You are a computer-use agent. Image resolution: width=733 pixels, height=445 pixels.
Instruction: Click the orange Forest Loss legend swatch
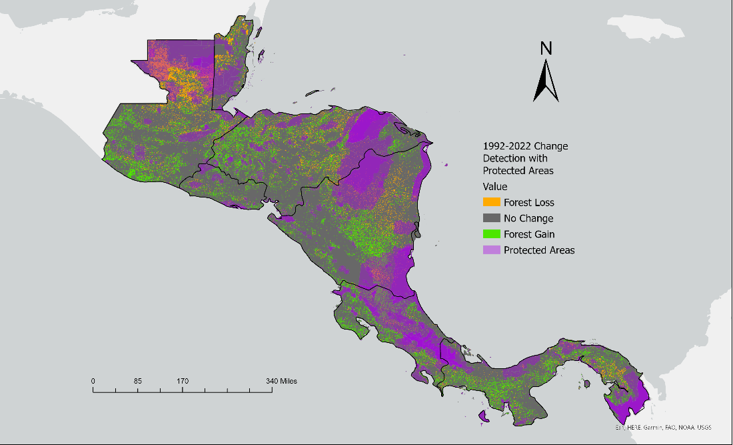click(x=491, y=202)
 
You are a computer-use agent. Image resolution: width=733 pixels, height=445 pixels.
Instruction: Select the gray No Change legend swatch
click(x=491, y=218)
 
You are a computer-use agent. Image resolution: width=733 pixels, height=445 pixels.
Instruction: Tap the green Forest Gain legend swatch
click(x=491, y=234)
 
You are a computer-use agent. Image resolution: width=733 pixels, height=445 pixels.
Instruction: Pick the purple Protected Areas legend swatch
click(x=491, y=250)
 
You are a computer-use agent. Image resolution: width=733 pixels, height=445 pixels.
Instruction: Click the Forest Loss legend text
click(x=528, y=203)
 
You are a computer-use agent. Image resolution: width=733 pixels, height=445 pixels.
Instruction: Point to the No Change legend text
click(x=528, y=219)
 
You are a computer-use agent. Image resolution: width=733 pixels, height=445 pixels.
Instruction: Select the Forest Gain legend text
click(x=529, y=235)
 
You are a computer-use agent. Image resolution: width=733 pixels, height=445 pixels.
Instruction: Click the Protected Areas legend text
click(x=539, y=251)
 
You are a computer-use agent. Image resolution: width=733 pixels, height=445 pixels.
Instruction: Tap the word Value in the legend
click(x=495, y=187)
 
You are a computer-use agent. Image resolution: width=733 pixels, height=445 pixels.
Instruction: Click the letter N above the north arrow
click(x=546, y=48)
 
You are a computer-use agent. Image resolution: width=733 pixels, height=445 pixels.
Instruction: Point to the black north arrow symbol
click(x=546, y=81)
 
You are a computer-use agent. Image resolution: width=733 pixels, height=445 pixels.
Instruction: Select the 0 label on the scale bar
click(x=93, y=381)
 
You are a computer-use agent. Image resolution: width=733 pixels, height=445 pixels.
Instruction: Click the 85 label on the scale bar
click(x=137, y=381)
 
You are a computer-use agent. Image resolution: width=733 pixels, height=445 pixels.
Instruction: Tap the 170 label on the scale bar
click(x=183, y=381)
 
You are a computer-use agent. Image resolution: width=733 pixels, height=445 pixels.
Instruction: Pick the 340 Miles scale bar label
click(x=279, y=381)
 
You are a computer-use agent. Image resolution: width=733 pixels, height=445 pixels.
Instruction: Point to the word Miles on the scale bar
click(x=287, y=381)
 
